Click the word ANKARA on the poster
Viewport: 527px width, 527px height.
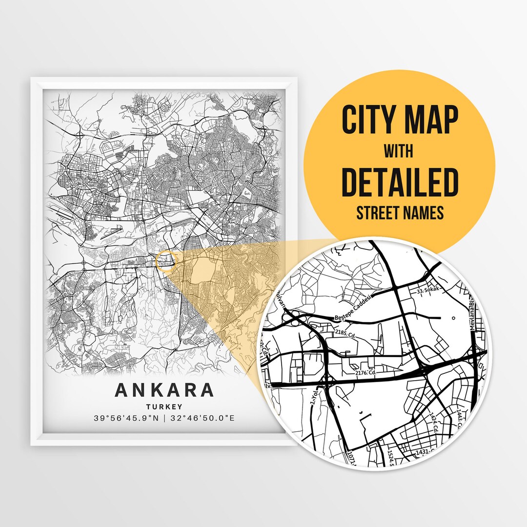[164, 390]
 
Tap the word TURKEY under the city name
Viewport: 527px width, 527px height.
[164, 406]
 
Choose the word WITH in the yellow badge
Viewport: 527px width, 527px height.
[398, 152]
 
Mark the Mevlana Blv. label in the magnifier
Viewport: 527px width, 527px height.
[472, 315]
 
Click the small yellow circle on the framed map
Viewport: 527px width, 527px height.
[165, 261]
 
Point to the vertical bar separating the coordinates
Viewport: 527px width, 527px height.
[164, 418]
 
